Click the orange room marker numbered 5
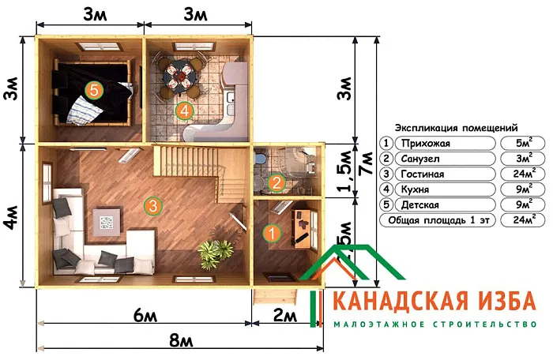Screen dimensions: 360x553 (x=94, y=90)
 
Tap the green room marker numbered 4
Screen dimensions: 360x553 (x=185, y=111)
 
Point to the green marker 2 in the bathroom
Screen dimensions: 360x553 (x=276, y=183)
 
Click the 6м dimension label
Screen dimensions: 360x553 (x=142, y=316)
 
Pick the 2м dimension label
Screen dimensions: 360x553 (x=284, y=316)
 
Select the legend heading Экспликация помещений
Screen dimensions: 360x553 (x=456, y=126)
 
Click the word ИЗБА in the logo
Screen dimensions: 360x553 (x=492, y=302)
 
